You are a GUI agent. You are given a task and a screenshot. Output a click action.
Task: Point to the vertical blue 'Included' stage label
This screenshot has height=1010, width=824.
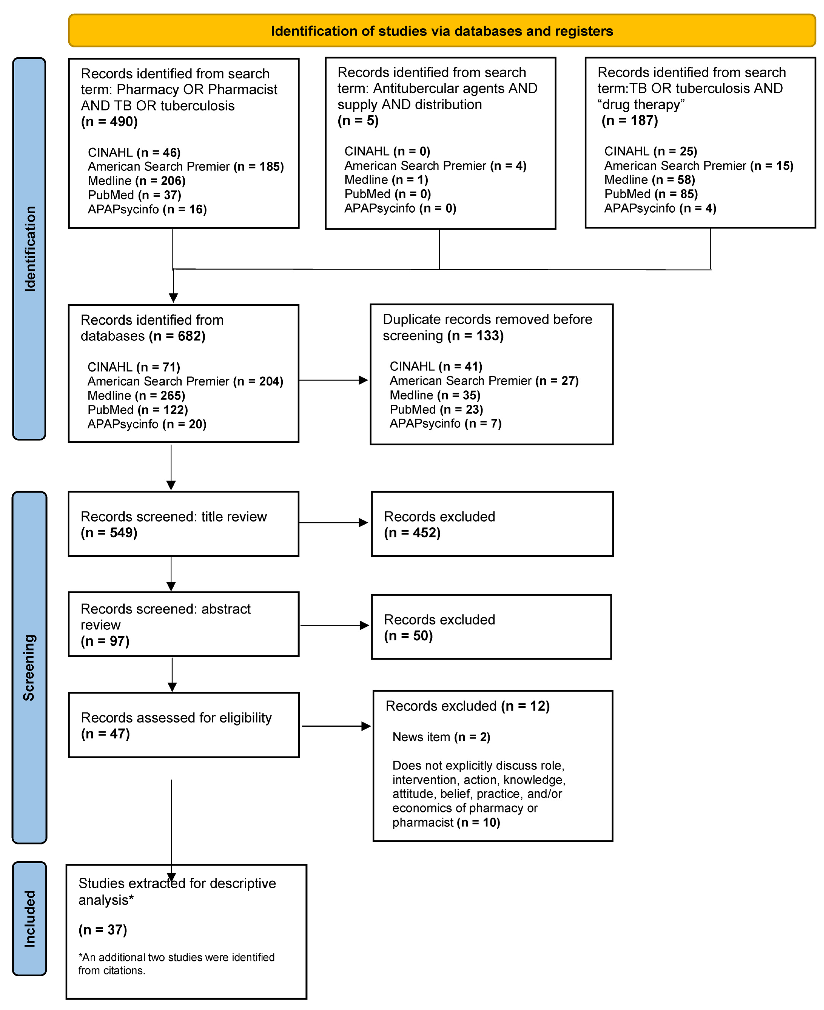tap(29, 918)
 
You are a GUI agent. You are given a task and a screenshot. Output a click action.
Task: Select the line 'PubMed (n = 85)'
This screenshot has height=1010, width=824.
tap(651, 194)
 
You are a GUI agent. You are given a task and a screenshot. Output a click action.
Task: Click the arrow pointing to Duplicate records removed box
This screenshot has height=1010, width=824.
tap(334, 380)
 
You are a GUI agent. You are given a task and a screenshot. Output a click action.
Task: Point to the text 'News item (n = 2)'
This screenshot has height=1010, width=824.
tap(441, 737)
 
